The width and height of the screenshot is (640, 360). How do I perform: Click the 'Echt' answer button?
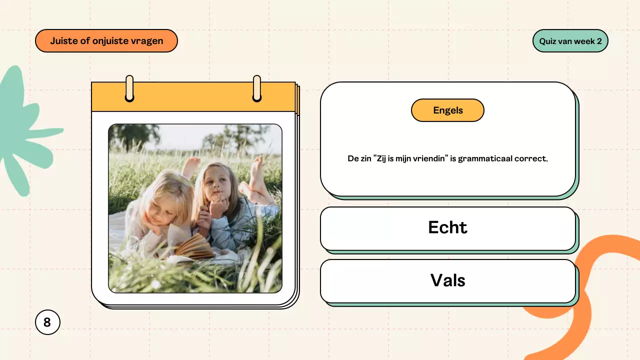click(447, 228)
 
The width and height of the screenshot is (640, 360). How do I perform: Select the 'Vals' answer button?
click(447, 280)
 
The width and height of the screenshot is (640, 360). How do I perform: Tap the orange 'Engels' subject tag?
click(447, 110)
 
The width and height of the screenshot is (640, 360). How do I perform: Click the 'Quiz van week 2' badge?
click(570, 41)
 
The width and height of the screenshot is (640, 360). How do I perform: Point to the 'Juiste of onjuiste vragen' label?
click(106, 41)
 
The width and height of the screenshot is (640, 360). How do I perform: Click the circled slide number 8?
click(47, 322)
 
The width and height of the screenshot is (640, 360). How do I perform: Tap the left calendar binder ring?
click(129, 88)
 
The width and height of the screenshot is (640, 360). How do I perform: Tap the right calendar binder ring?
click(257, 88)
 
